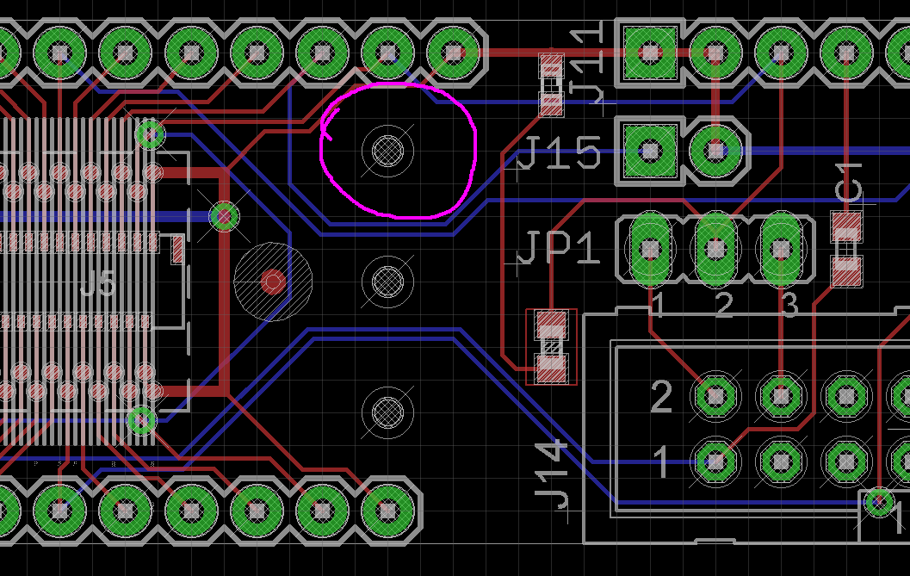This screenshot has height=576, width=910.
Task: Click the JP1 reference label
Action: pos(558,251)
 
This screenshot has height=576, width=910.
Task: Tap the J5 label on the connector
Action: pos(96,283)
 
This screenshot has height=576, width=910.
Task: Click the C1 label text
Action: pos(850,183)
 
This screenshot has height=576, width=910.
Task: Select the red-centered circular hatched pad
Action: pos(273,282)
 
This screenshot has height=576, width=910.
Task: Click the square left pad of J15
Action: pos(651,152)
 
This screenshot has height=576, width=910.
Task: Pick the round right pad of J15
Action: pos(715,152)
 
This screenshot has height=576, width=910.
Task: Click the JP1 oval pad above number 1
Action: pos(651,249)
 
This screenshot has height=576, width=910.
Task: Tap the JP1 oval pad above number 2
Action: pos(715,249)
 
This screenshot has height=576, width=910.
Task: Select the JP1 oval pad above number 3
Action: pos(781,249)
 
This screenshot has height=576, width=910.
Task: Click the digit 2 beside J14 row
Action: pos(660,397)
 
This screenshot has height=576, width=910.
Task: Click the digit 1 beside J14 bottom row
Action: pos(660,462)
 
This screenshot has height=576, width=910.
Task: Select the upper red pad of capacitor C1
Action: pos(846,227)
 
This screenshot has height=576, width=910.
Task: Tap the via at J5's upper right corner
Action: pos(152,134)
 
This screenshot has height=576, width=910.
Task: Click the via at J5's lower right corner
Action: pos(141,421)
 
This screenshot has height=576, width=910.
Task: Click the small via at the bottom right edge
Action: pos(879,502)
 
